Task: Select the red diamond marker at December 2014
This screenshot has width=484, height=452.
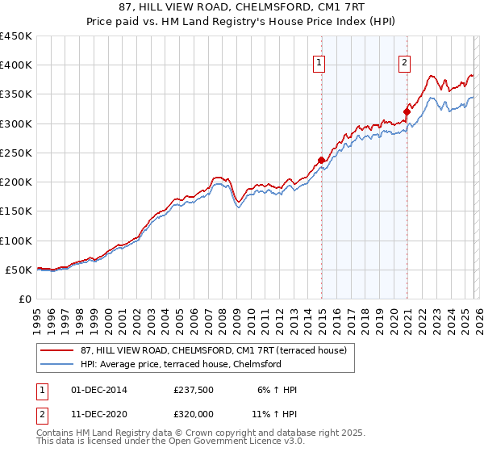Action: tap(322, 160)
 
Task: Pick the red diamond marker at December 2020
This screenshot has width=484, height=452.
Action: tap(407, 112)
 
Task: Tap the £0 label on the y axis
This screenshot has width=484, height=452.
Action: tap(23, 299)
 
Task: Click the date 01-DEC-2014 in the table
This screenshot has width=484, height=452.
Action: tap(98, 390)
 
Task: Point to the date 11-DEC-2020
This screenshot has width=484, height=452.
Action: tap(98, 416)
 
